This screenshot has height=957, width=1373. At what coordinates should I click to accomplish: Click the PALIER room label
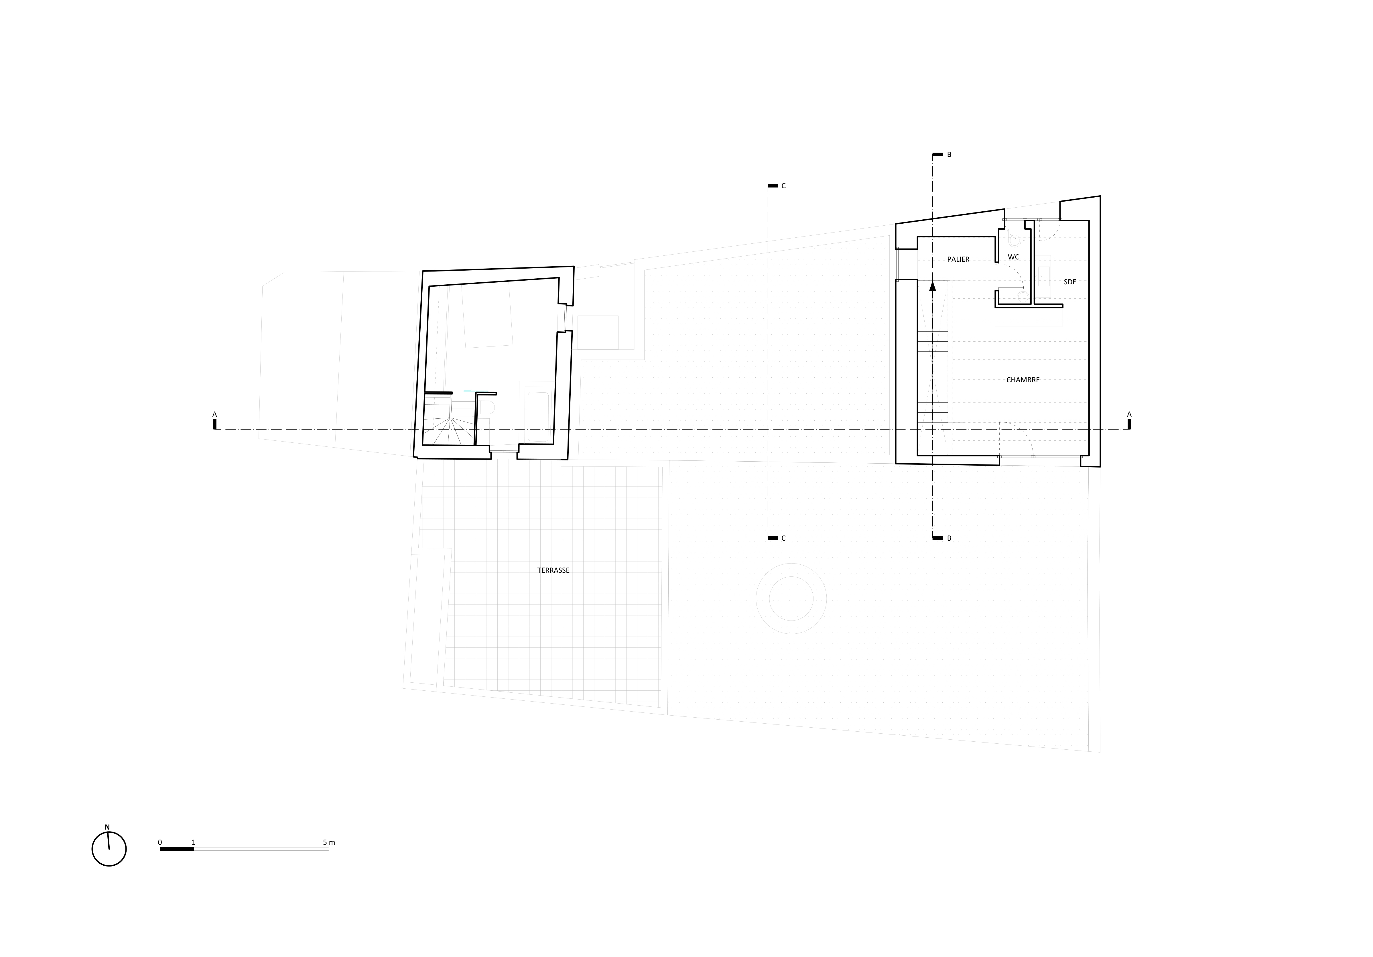tap(958, 260)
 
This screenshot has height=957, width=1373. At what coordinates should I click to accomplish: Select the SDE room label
tap(1070, 282)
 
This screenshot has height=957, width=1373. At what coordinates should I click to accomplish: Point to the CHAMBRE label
tap(1023, 380)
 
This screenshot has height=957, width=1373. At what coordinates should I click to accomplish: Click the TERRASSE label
tap(553, 571)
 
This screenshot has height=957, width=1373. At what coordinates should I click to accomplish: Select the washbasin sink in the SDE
tap(1044, 277)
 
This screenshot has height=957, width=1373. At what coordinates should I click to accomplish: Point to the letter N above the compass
tap(108, 827)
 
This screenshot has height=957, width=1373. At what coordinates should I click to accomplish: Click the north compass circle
tap(109, 849)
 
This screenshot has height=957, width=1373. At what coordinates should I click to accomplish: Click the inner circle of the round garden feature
tap(791, 599)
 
